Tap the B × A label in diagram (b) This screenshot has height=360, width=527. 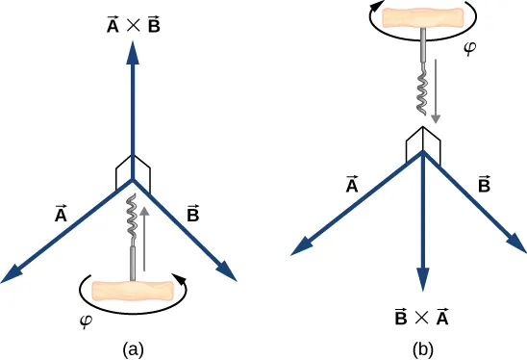[x=422, y=317]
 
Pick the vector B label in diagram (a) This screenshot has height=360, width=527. [x=193, y=210]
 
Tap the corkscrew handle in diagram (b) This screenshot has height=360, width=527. [x=422, y=17]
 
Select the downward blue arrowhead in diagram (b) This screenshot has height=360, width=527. [x=422, y=280]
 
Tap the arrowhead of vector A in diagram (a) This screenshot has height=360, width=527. [x=13, y=275]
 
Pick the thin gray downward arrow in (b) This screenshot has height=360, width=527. [x=438, y=91]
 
